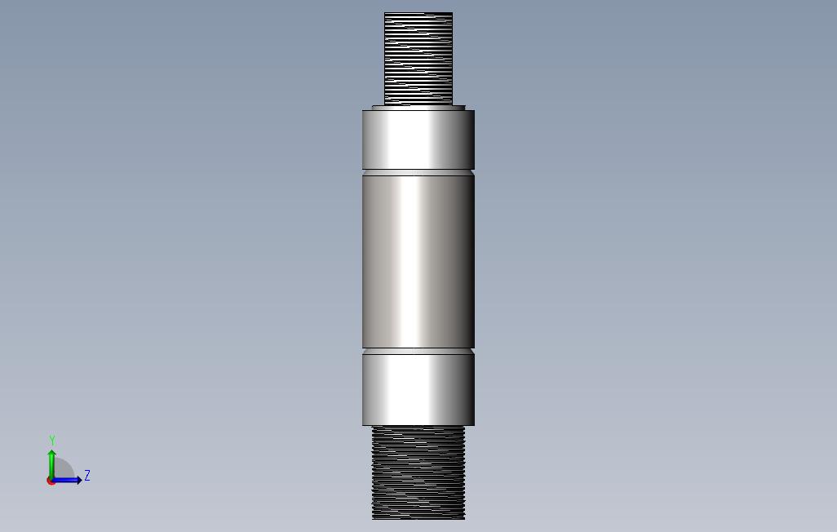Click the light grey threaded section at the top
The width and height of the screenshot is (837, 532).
point(418,58)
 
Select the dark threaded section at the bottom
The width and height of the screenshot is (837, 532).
point(418,472)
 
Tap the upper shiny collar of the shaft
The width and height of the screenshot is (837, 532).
point(418,140)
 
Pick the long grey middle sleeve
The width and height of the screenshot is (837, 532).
point(418,262)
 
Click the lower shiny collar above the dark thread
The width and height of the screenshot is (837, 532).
point(418,390)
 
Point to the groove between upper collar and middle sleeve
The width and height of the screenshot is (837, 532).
point(418,172)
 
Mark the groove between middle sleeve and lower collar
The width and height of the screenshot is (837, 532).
point(418,352)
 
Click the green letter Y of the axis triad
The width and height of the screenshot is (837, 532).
point(52,440)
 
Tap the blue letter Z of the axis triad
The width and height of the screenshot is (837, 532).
point(87,476)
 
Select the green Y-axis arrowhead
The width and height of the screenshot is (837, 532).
point(51,454)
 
